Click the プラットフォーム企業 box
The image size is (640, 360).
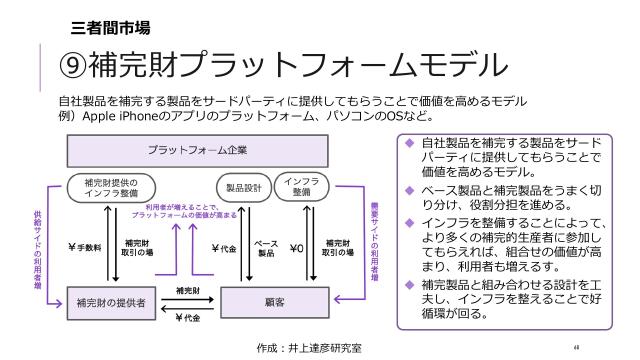[197, 150]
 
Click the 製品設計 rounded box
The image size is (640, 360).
[242, 187]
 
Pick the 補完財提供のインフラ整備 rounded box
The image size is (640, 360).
[112, 187]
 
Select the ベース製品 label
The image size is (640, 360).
[266, 248]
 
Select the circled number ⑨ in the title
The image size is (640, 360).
[73, 65]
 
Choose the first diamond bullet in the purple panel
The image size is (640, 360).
[409, 142]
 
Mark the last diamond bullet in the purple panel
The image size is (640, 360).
[409, 285]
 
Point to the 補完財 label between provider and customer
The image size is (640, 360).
[186, 289]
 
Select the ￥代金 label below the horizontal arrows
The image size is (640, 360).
[187, 318]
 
